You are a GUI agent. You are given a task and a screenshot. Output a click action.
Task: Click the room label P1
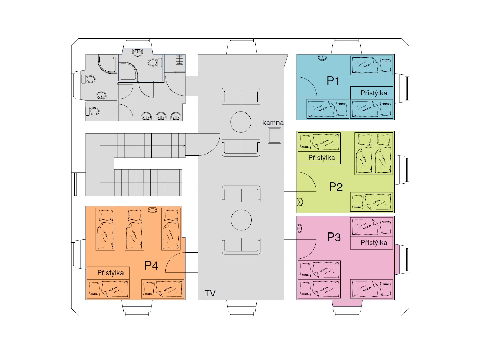333,81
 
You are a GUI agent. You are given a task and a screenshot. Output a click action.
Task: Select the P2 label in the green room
336,187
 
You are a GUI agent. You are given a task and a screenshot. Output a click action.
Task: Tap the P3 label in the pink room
334,237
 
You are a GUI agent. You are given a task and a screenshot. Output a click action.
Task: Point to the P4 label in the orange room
151,265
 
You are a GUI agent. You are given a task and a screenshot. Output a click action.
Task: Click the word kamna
273,123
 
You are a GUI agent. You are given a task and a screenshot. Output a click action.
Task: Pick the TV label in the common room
210,293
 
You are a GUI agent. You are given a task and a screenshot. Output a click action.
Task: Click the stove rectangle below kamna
274,135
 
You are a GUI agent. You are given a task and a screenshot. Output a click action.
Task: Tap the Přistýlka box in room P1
372,93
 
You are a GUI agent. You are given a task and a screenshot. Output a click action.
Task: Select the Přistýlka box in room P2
319,158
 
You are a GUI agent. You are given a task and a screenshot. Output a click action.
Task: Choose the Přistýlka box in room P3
372,243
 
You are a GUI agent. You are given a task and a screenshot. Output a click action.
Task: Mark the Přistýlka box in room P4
108,273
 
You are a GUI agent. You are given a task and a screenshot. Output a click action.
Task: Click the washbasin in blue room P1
322,57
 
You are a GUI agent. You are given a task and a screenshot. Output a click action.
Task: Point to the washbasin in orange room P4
153,210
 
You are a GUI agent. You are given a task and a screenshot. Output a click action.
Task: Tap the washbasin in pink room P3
300,228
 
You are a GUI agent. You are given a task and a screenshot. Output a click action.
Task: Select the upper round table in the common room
241,122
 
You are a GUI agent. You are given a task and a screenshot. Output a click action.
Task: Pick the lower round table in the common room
241,220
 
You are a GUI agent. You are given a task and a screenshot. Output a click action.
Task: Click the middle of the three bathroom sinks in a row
161,116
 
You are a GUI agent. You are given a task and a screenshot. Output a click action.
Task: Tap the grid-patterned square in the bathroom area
179,59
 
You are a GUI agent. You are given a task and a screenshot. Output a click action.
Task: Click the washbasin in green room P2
300,202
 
